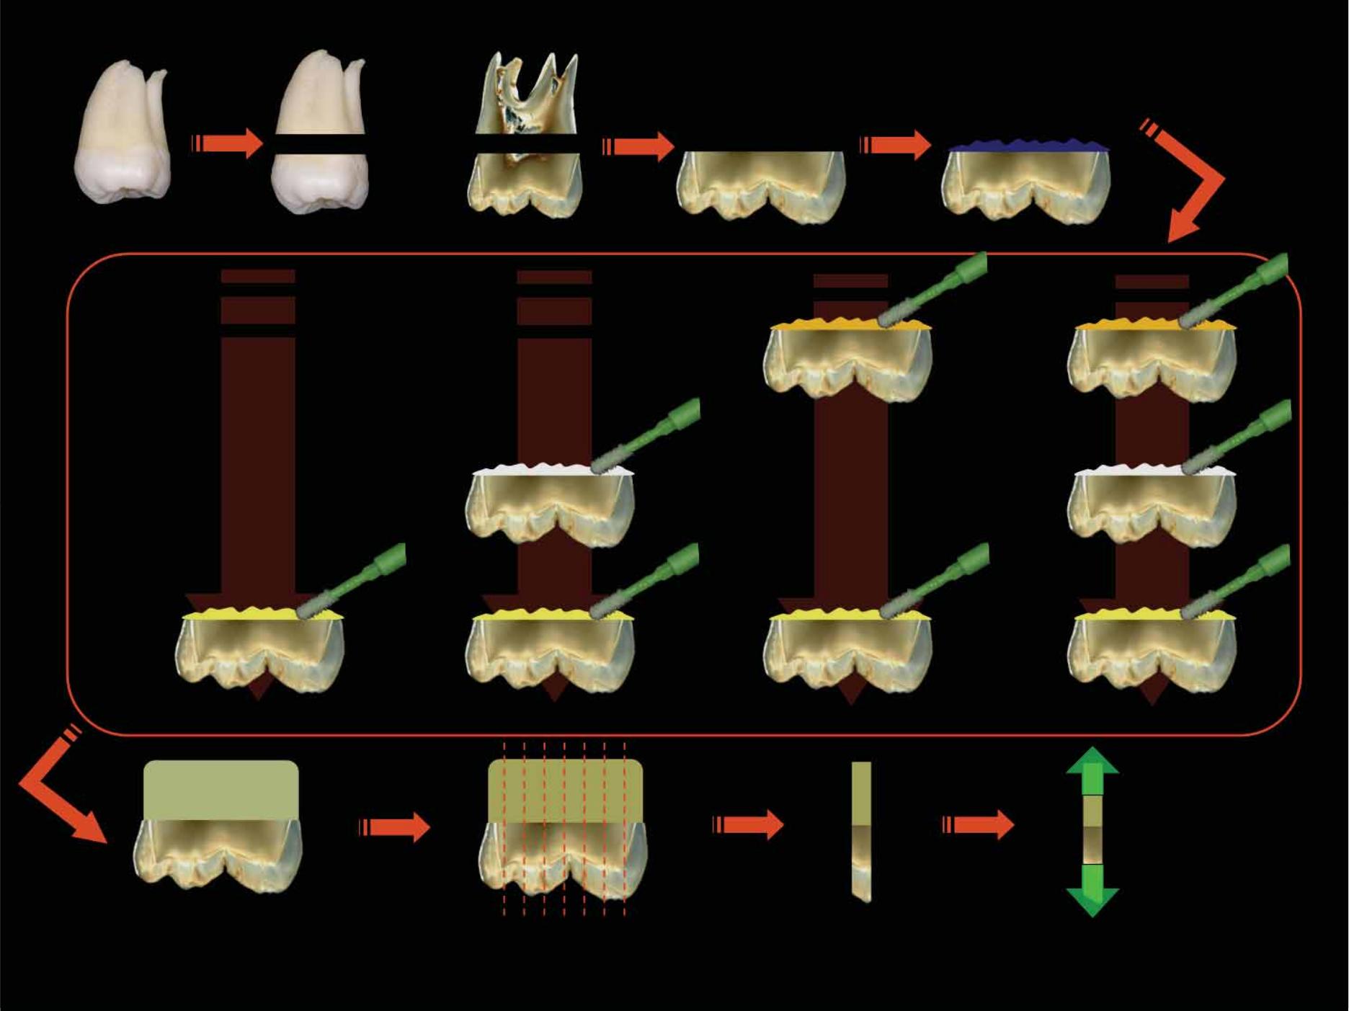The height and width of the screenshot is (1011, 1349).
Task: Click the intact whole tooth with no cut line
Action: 123,133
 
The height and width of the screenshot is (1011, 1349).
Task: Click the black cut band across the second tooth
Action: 320,144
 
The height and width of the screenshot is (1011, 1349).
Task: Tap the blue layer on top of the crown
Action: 1027,146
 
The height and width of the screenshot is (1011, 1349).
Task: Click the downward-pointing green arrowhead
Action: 1092,901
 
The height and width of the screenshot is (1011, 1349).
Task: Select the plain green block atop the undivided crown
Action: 221,790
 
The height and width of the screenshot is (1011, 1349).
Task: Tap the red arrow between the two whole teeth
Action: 229,143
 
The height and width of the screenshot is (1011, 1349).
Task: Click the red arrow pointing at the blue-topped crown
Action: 897,145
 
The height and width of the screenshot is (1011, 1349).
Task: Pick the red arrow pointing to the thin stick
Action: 749,824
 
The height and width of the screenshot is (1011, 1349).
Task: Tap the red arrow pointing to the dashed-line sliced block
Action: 396,827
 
